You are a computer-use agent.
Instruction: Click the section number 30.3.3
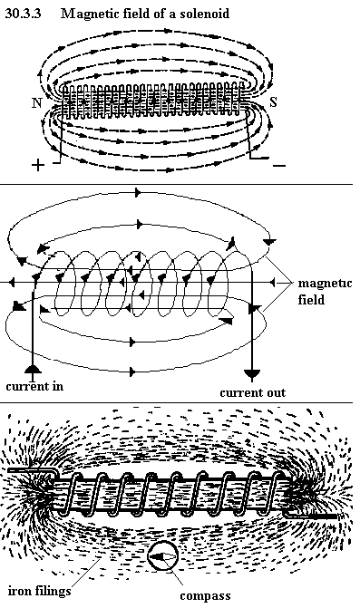point(23,14)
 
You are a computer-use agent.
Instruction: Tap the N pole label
point(37,103)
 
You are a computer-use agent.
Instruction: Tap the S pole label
point(274,102)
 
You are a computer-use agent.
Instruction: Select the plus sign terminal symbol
point(37,166)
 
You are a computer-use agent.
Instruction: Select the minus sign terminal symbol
point(279,166)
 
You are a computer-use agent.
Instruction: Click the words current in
point(34,386)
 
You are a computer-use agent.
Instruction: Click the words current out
point(252,392)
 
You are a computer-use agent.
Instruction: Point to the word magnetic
point(325,284)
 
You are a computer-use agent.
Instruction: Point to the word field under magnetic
point(311,300)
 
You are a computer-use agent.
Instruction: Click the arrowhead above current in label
point(33,369)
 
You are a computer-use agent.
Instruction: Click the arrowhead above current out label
point(252,374)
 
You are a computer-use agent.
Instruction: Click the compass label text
point(205,595)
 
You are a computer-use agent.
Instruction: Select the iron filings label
point(39,591)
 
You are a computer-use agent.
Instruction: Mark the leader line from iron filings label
point(86,572)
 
